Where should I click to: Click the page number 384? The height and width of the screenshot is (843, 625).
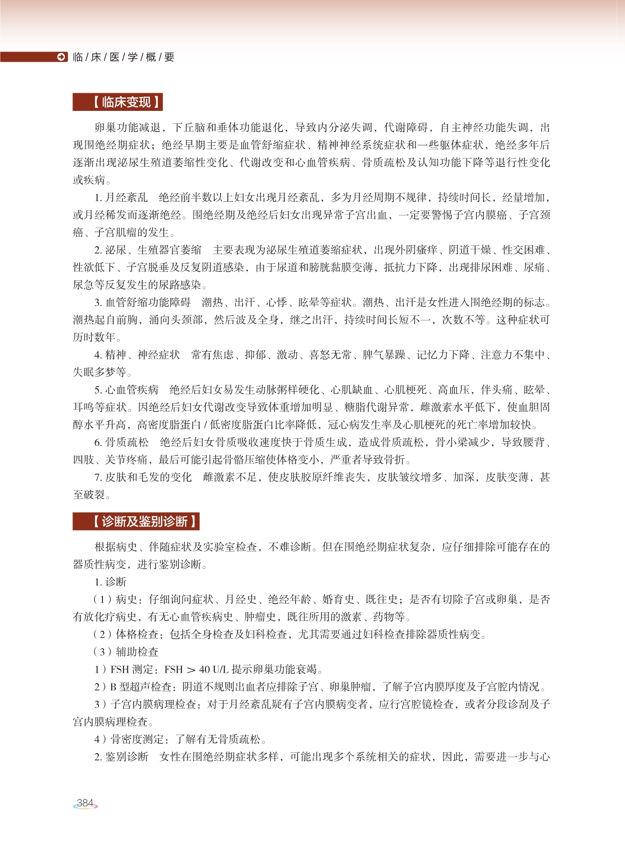[x=85, y=803]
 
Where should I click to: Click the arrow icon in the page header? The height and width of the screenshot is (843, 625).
[x=61, y=57]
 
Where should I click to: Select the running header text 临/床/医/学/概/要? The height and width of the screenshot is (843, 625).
[x=123, y=57]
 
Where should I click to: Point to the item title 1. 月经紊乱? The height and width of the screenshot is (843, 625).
[x=121, y=198]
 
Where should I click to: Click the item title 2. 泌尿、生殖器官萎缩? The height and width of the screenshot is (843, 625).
[x=148, y=250]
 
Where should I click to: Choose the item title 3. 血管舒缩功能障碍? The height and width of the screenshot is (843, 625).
[x=142, y=302]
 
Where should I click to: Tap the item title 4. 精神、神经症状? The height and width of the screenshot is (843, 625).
[x=137, y=355]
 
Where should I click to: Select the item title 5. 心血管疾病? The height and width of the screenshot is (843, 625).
[x=126, y=390]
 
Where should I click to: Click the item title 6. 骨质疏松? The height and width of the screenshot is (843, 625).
[x=121, y=443]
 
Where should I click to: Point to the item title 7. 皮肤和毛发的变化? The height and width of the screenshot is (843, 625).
[x=143, y=477]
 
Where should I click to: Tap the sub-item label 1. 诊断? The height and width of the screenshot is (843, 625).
[x=110, y=582]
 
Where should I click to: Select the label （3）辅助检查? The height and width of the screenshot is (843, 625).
[x=126, y=652]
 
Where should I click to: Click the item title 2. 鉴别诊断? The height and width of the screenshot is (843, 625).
[x=121, y=757]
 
